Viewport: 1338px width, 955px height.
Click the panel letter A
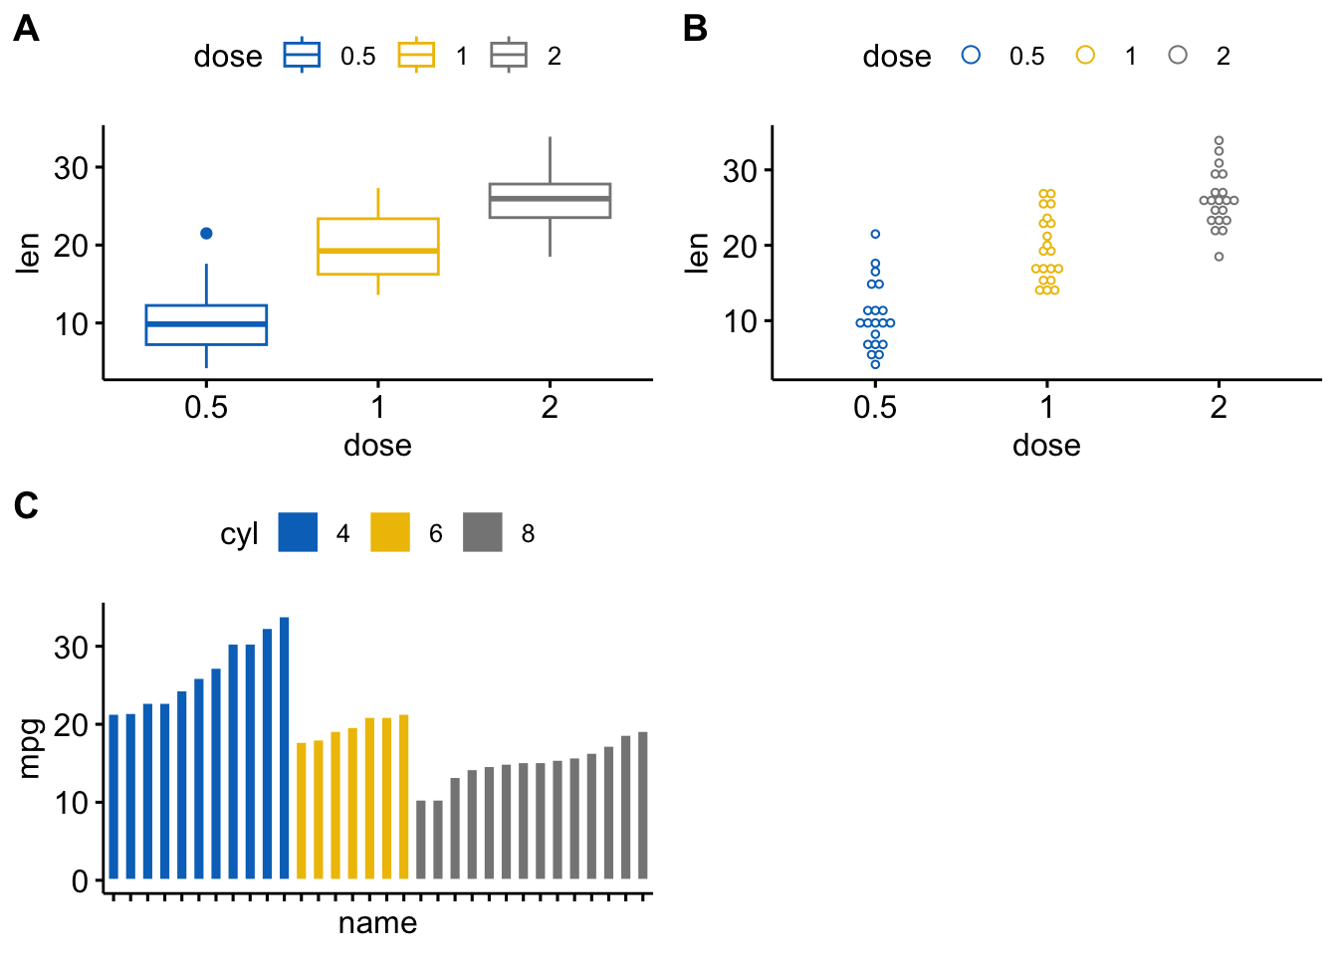click(x=26, y=30)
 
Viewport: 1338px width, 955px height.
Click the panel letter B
click(x=695, y=30)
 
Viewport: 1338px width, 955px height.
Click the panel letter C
click(x=26, y=506)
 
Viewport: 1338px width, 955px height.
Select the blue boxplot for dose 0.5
click(x=206, y=324)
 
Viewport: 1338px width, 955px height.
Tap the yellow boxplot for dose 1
click(x=378, y=246)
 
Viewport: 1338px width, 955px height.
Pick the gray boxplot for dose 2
click(x=550, y=200)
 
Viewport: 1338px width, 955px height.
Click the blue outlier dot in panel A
click(x=206, y=234)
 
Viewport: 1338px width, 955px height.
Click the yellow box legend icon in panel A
click(x=416, y=56)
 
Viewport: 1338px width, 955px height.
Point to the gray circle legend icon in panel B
click(x=1178, y=56)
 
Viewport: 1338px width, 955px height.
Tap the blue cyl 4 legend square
click(x=298, y=532)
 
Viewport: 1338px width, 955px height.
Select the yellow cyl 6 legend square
click(x=390, y=532)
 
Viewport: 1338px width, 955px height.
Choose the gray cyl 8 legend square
click(x=483, y=532)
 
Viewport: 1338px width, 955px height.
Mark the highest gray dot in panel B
click(x=1219, y=141)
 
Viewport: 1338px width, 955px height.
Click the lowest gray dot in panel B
click(x=1219, y=257)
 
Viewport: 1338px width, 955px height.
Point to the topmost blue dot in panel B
click(x=875, y=234)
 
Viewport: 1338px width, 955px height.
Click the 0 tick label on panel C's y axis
click(x=81, y=881)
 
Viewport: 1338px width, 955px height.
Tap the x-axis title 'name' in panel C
click(x=377, y=923)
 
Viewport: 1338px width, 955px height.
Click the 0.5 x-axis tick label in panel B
click(x=875, y=407)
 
